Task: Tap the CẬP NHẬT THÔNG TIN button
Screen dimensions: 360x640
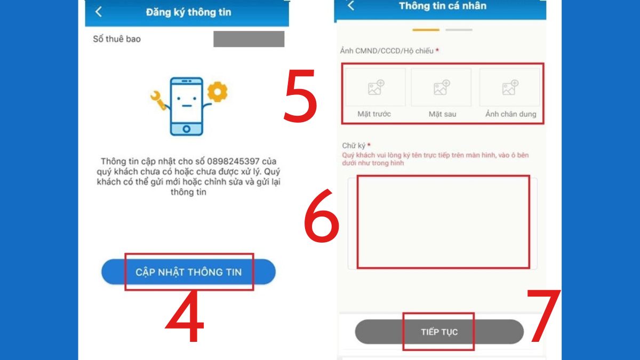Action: (x=188, y=272)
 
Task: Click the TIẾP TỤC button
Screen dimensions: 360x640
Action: (x=439, y=332)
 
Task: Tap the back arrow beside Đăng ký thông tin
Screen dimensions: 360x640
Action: (x=99, y=12)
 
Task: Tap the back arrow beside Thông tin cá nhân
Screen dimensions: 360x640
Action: (x=350, y=6)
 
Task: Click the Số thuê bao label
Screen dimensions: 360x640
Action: (x=117, y=39)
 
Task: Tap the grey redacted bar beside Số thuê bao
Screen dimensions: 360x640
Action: (x=249, y=39)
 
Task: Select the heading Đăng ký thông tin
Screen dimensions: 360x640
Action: (x=188, y=12)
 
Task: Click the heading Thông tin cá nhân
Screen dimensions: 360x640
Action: (x=442, y=6)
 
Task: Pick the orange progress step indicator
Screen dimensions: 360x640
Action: (x=426, y=30)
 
